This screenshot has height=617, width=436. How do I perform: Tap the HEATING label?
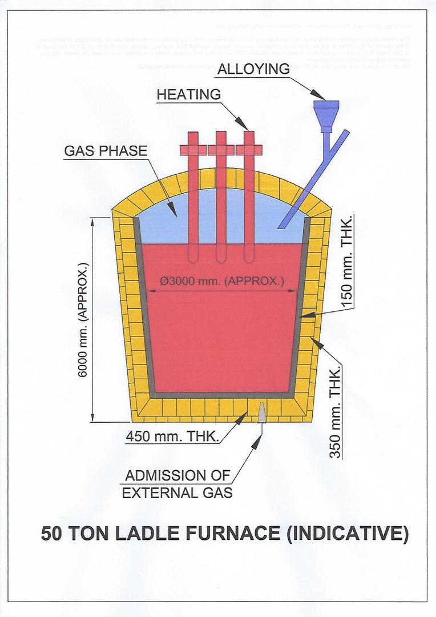tap(189, 95)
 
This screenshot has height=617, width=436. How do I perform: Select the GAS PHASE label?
tap(106, 151)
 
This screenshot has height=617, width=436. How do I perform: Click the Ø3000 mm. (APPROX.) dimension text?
tap(222, 281)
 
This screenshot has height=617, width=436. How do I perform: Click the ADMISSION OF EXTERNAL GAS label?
tap(177, 483)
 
